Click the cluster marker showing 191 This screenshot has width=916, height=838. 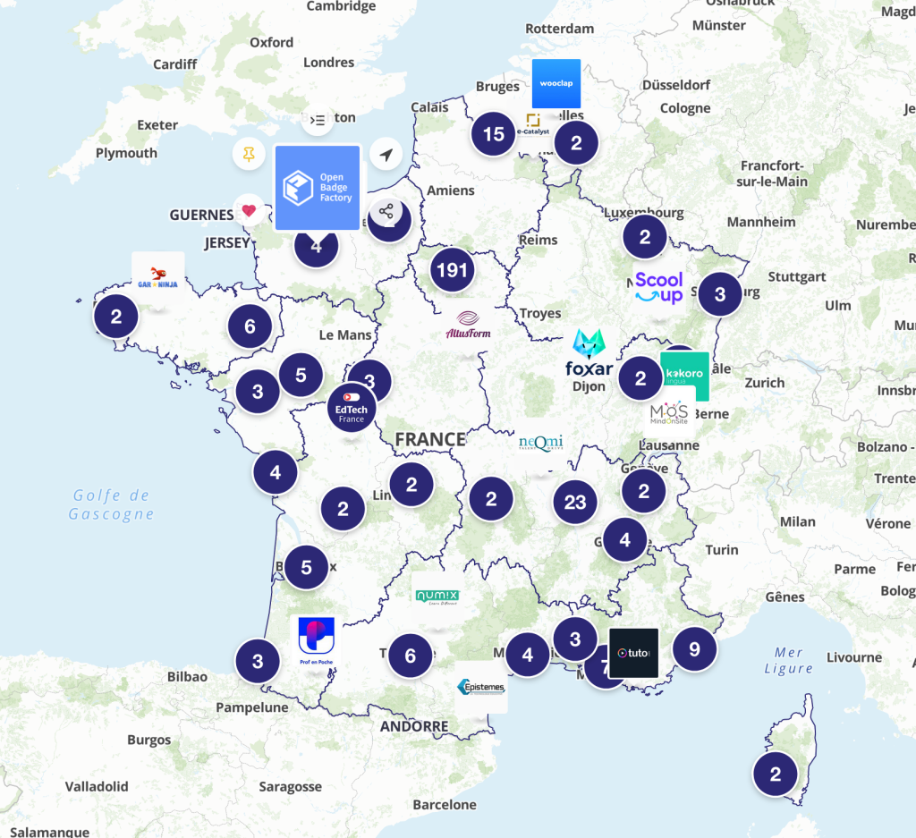pyautogui.click(x=452, y=269)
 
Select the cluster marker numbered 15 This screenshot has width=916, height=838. pyautogui.click(x=493, y=134)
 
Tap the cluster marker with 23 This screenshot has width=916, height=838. pyautogui.click(x=574, y=503)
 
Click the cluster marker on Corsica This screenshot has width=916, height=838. pyautogui.click(x=776, y=774)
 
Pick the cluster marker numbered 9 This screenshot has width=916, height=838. pyautogui.click(x=694, y=648)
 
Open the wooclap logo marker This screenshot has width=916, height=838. pyautogui.click(x=556, y=84)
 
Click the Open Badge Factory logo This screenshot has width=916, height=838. pyautogui.click(x=317, y=188)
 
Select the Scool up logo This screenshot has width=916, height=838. pyautogui.click(x=659, y=287)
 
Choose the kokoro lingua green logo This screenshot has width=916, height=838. pyautogui.click(x=684, y=376)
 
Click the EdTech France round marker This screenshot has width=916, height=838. pyautogui.click(x=351, y=407)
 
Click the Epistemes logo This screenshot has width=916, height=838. pyautogui.click(x=481, y=687)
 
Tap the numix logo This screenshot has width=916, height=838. pyautogui.click(x=437, y=597)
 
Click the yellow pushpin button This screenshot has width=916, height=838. pyautogui.click(x=250, y=155)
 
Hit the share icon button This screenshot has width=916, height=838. pyautogui.click(x=386, y=212)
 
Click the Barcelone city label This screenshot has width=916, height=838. pyautogui.click(x=445, y=804)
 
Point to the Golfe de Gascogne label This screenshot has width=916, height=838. pyautogui.click(x=112, y=504)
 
